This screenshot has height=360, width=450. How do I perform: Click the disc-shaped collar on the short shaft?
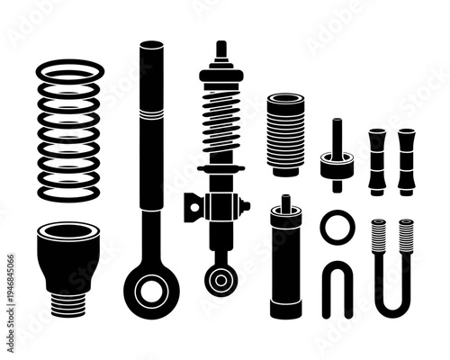(335, 165)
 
